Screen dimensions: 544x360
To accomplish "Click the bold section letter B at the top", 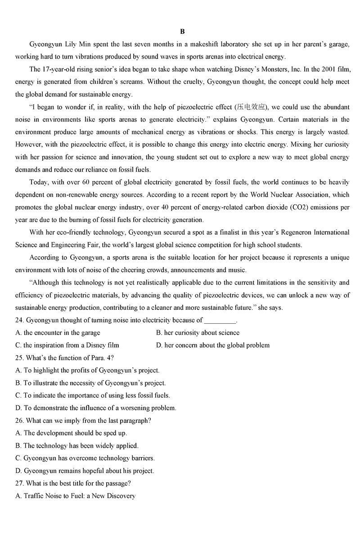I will [182, 32].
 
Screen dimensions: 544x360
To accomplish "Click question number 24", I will [19, 320].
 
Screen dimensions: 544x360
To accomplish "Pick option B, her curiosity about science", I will [198, 333].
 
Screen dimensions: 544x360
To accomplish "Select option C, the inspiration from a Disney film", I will [67, 345].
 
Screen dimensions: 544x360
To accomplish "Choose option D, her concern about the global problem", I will [213, 345].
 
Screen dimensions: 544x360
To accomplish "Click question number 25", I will [19, 358].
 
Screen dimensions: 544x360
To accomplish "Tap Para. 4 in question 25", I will [94, 358].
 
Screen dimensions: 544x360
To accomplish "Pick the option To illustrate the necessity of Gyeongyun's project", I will [90, 383].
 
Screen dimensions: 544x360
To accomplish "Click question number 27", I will [19, 484].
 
